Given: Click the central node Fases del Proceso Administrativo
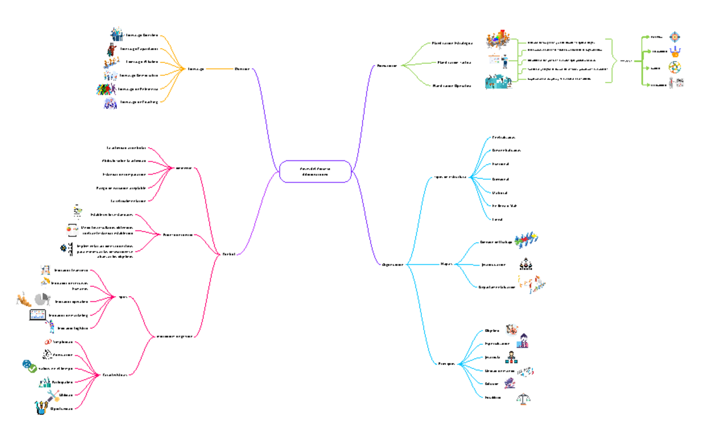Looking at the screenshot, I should tap(315, 171).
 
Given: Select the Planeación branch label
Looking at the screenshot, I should tap(387, 65).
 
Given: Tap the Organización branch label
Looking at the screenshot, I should tap(392, 265).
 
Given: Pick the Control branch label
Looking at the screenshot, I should tap(229, 254).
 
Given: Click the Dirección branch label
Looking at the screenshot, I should tap(241, 69).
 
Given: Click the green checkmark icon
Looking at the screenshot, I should tap(29, 367).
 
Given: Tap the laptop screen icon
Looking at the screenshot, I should tap(38, 315).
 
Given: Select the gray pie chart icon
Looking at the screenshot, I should tap(41, 300).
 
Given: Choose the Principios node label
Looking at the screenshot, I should tap(447, 363).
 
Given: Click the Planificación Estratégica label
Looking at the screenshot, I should tap(452, 43).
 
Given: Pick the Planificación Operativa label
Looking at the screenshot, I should tap(452, 86).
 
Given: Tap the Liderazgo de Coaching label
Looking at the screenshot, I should tap(139, 102).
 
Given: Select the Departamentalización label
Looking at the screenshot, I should tap(497, 287).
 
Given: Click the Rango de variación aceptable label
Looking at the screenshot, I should tap(120, 187).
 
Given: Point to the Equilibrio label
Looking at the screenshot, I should tap(493, 397).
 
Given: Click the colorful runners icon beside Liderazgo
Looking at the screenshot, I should tap(106, 89).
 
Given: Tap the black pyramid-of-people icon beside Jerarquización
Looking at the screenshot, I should tap(526, 265).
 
